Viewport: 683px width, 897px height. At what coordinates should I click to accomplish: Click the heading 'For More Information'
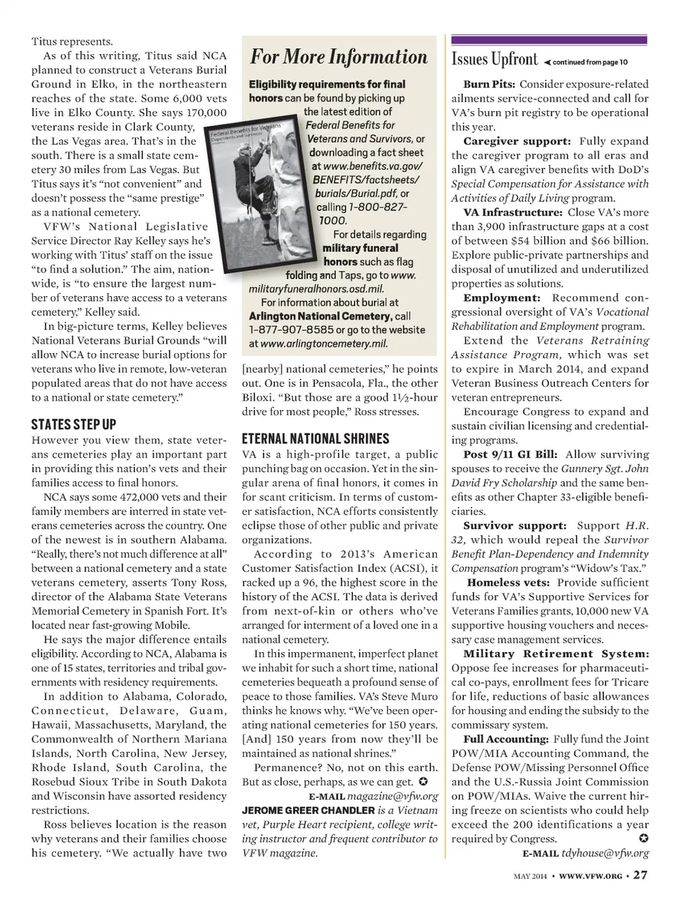point(338,58)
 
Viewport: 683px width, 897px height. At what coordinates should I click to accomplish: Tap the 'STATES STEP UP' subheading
point(74,425)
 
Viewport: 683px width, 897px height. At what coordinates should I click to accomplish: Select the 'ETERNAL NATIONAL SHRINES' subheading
point(316,439)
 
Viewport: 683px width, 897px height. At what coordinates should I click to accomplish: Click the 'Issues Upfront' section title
point(494,59)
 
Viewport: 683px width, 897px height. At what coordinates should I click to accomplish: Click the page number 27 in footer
point(640,875)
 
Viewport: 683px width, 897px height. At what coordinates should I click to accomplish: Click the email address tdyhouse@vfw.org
point(605,853)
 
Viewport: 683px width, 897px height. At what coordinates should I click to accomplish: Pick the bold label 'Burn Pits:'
point(491,84)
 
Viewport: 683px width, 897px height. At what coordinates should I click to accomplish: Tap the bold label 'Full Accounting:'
point(506,739)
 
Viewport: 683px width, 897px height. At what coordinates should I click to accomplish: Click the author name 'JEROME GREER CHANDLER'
point(308,810)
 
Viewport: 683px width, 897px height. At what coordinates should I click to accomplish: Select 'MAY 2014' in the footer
point(530,876)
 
